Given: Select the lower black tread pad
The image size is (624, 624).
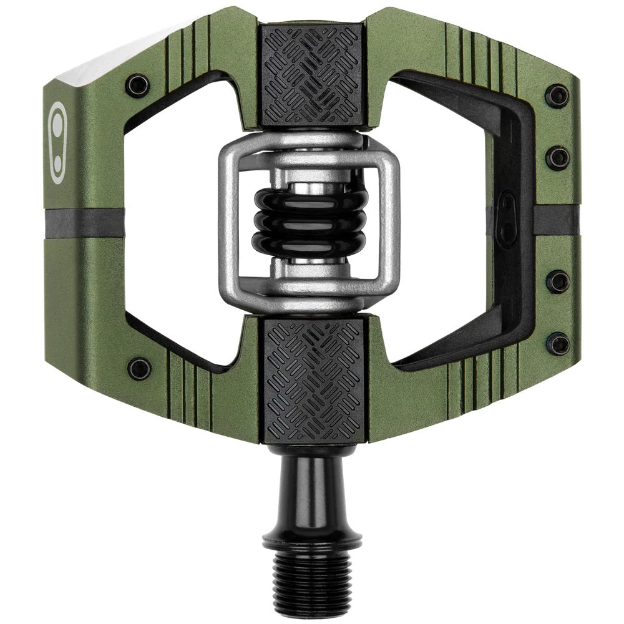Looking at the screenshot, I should pyautogui.click(x=312, y=381).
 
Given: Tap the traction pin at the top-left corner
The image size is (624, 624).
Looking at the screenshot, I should pyautogui.click(x=137, y=85).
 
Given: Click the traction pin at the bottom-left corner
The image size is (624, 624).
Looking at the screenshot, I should pyautogui.click(x=139, y=368).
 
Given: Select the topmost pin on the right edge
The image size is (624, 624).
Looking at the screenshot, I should pyautogui.click(x=557, y=96).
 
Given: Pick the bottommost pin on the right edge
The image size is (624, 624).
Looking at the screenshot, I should pyautogui.click(x=558, y=343).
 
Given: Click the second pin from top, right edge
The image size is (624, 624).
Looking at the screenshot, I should pyautogui.click(x=557, y=157).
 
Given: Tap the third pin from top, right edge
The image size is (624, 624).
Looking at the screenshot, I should pyautogui.click(x=557, y=282).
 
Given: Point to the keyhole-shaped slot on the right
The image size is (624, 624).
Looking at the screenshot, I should pyautogui.click(x=507, y=220).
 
